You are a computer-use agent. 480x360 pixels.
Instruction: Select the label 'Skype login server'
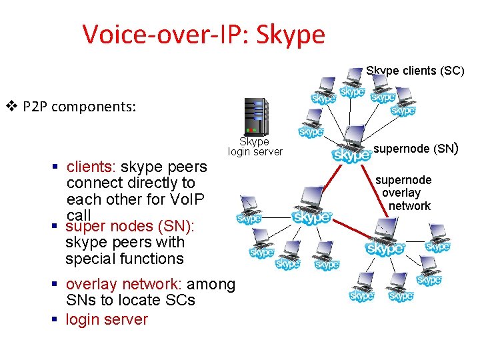click(255, 147)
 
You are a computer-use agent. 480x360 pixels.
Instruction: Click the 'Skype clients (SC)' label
click(415, 71)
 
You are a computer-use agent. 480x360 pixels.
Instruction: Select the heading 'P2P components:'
click(79, 106)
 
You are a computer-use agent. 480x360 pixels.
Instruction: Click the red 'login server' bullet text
click(107, 319)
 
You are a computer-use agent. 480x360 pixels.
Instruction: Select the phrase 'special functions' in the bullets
click(125, 258)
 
